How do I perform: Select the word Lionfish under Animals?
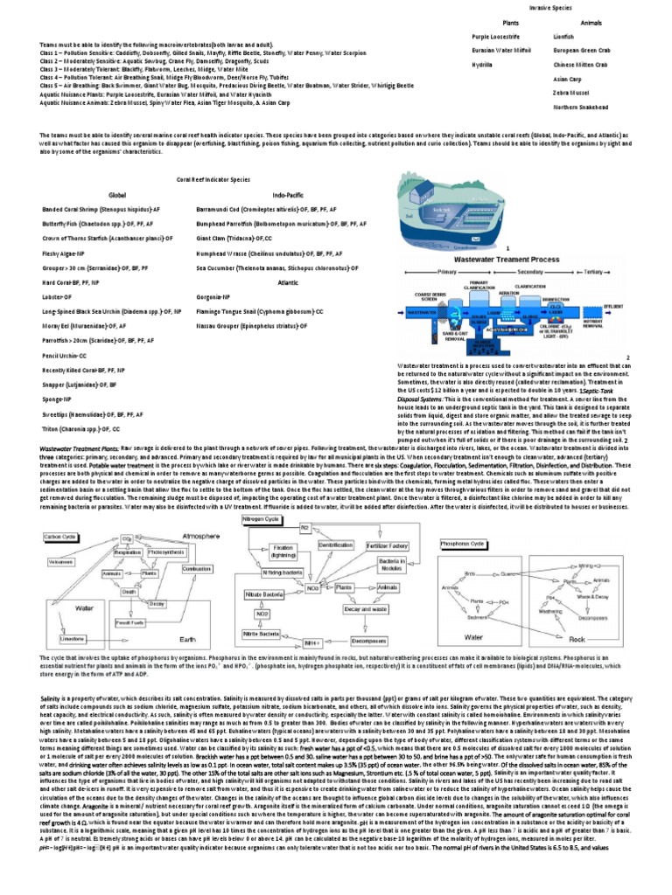coord(564,38)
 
